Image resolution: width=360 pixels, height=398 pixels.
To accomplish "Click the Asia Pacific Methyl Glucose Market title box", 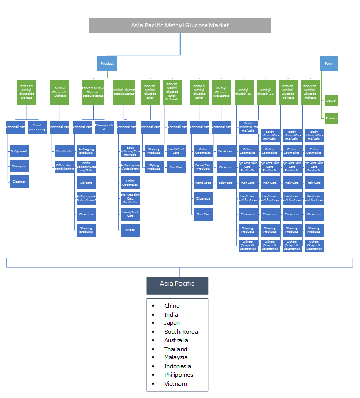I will tap(180, 25).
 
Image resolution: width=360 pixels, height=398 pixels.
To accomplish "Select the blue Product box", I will tap(107, 64).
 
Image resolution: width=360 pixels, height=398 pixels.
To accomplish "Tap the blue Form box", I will tap(328, 64).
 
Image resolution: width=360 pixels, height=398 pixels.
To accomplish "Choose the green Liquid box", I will tap(331, 101).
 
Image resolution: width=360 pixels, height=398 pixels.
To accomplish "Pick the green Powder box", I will tap(331, 118).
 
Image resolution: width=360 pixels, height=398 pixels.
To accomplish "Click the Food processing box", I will tap(38, 127).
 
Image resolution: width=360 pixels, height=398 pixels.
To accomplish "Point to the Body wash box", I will tap(19, 152).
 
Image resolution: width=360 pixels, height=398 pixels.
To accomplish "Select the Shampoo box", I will tap(19, 167).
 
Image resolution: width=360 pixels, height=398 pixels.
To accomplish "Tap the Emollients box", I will tap(64, 152).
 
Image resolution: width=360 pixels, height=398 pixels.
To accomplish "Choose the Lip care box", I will tap(86, 182).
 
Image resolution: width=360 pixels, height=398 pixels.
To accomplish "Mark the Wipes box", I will tap(130, 230).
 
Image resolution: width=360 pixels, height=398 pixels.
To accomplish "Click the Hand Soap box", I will tap(203, 182).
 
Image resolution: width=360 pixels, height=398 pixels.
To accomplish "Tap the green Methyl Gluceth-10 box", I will tap(244, 93).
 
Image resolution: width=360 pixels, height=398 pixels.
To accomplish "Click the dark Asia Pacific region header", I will tap(177, 284).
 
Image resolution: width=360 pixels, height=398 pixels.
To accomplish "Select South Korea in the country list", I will tap(181, 332).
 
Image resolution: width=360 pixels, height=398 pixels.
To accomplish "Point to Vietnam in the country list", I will tap(175, 384).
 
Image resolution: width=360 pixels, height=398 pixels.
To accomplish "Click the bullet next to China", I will tap(153, 306).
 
